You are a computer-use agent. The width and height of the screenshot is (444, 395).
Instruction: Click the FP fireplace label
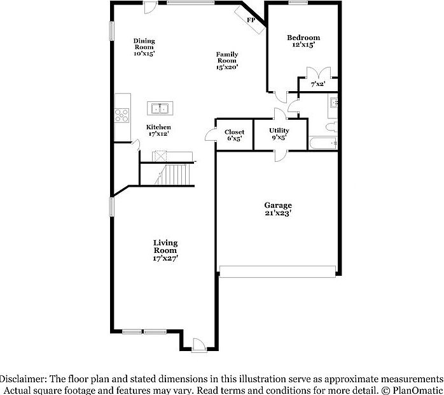coord(251,20)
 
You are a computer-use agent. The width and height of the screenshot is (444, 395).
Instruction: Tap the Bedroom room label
coord(303,41)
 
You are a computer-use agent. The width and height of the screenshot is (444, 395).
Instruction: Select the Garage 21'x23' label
coord(278,209)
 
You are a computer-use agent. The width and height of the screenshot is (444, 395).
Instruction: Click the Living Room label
coord(165,250)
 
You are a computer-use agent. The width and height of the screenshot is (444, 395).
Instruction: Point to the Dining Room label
coord(144,48)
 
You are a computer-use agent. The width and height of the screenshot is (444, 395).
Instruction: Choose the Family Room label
coord(226,61)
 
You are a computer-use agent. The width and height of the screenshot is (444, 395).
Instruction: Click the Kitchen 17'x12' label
coord(158,131)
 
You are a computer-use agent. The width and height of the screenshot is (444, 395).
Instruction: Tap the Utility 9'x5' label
coord(279,133)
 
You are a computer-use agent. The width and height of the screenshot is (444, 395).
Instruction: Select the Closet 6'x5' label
coord(234,135)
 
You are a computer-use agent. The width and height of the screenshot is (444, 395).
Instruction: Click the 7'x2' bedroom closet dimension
coord(318,84)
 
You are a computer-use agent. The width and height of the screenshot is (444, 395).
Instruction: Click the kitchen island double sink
coord(158,108)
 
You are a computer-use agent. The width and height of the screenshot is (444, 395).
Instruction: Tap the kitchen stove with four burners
coord(122,115)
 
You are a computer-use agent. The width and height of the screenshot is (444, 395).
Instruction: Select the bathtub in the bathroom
coord(323,143)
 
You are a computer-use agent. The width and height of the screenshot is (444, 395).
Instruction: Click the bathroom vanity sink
coord(334,102)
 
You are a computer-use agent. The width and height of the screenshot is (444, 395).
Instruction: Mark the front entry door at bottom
coord(198,344)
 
